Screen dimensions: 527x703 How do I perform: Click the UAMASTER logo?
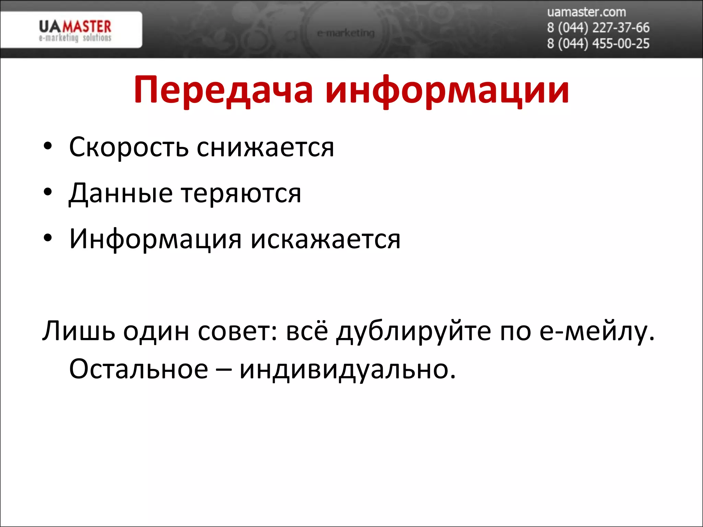[75, 30]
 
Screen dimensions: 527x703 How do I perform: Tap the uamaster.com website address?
[586, 12]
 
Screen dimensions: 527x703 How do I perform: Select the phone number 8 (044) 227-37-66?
[598, 28]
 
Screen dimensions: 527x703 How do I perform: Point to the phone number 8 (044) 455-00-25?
[598, 44]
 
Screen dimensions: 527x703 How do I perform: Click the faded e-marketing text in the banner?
[346, 33]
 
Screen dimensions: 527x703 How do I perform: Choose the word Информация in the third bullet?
[155, 239]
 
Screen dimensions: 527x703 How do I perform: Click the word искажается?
[325, 239]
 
